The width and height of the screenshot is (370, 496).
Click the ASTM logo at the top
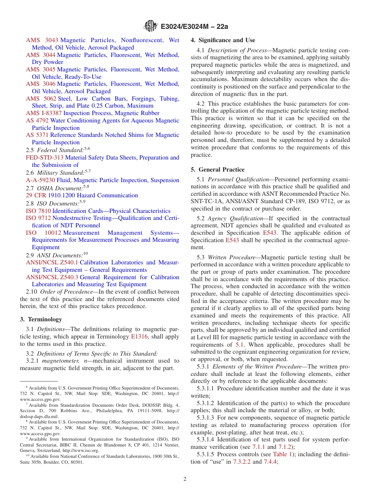pyautogui.click(x=150, y=26)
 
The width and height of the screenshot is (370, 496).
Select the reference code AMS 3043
pyautogui.click(x=42, y=40)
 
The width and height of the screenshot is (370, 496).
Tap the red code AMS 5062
pyautogui.click(x=41, y=99)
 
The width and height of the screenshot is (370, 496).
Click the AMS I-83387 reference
pyautogui.click(x=44, y=113)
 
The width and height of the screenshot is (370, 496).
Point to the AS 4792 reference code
pyautogui.click(x=37, y=120)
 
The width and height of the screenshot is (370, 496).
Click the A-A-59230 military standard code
pyautogui.click(x=41, y=180)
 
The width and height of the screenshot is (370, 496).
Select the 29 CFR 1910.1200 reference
pyautogui.click(x=50, y=195)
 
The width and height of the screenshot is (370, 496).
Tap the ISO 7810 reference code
pyautogui.click(x=38, y=211)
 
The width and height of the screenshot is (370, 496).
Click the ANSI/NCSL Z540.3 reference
pyautogui.click(x=52, y=277)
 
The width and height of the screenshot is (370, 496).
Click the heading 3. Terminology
pyautogui.click(x=41, y=319)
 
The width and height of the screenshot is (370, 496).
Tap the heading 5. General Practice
pyautogui.click(x=218, y=170)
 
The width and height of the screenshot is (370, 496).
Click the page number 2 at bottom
pyautogui.click(x=185, y=479)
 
